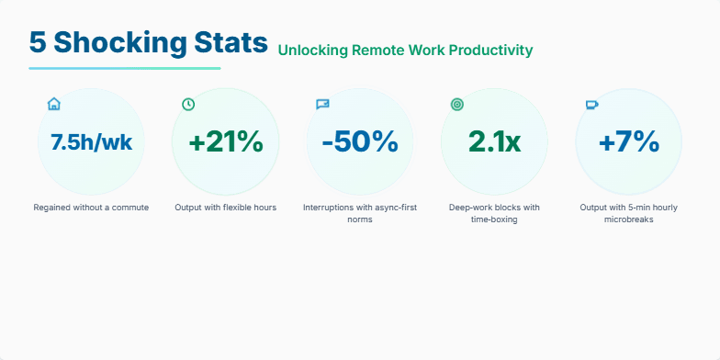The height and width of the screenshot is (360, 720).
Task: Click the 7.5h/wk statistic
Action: tap(91, 142)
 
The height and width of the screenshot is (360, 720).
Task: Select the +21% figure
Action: tap(225, 142)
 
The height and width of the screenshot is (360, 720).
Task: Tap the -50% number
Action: tap(359, 142)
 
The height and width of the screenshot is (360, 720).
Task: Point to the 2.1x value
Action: tap(494, 142)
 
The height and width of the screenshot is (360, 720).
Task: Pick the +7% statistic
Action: tap(628, 142)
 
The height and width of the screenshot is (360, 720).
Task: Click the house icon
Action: tap(53, 104)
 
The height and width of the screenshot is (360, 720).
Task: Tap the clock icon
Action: tap(188, 104)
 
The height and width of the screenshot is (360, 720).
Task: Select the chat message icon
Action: tap(322, 104)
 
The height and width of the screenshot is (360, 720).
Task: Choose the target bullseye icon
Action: tap(457, 104)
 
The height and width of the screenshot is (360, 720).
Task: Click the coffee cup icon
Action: tap(591, 104)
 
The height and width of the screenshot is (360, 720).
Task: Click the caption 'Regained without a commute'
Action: tap(91, 208)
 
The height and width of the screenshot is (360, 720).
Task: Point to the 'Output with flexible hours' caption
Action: tap(225, 208)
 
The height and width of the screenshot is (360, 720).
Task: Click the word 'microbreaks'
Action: tap(629, 219)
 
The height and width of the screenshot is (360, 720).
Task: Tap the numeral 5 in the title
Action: tap(37, 42)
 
